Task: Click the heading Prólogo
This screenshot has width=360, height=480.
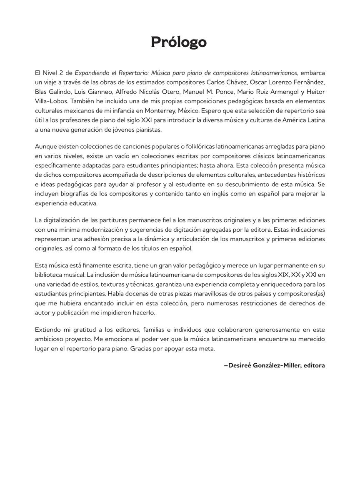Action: pos(179,42)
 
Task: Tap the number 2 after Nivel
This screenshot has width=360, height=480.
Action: pos(61,72)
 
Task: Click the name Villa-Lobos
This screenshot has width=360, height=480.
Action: pos(49,101)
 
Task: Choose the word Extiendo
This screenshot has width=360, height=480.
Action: pos(48,330)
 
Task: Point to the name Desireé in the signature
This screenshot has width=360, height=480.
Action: pos(240,365)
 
